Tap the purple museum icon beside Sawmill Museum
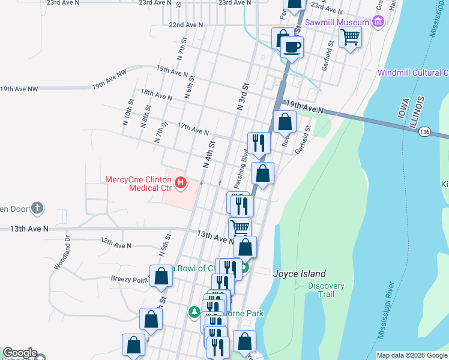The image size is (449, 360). tap(378, 23)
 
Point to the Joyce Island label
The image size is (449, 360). tap(300, 273)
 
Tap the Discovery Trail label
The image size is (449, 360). tap(326, 290)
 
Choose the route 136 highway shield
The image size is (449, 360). tap(425, 131)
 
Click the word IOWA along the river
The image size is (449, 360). tap(405, 109)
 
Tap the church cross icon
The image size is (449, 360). tap(37, 208)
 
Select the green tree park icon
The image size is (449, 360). tap(194, 313)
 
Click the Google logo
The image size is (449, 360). tap(19, 353)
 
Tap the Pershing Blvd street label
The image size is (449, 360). tap(244, 164)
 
